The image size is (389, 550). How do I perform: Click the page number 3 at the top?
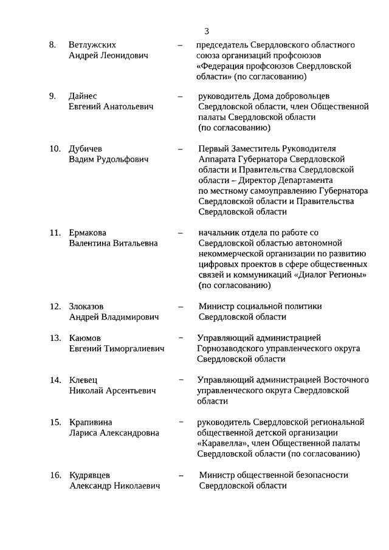pos(207,32)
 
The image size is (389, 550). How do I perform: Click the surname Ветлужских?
pos(92,45)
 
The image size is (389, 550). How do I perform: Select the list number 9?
pos(53,96)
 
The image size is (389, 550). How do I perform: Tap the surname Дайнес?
pos(83,96)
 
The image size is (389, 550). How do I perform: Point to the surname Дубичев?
pos(86,148)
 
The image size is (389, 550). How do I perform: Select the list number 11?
pos(55,232)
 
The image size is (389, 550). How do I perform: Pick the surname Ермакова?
pos(88,232)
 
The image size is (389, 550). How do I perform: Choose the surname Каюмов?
pos(85,338)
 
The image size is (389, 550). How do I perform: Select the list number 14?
pos(55,380)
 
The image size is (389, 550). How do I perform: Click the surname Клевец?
pos(83,380)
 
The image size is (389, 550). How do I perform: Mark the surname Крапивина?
pos(91,422)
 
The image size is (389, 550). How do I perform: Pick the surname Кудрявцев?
pos(90,475)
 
